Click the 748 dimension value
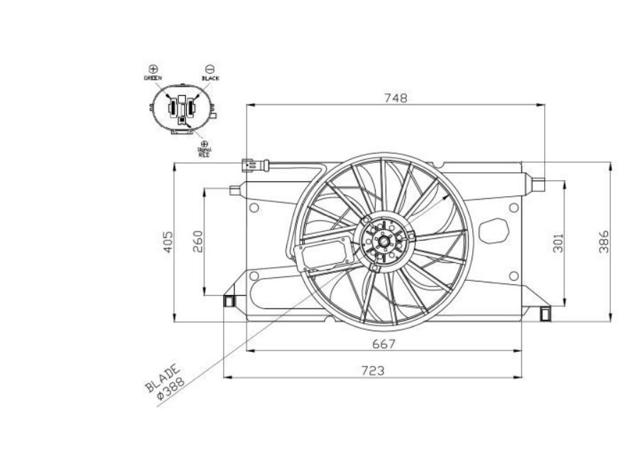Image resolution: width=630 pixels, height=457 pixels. tap(396, 99)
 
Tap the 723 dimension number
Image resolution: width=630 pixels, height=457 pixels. tap(372, 370)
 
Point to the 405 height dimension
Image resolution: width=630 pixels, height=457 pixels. tap(168, 243)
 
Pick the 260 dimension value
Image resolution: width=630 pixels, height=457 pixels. tap(197, 242)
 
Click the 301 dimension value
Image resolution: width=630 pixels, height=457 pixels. tap(558, 242)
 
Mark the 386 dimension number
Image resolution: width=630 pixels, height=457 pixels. tap(604, 242)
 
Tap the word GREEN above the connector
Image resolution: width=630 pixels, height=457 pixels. tap(153, 77)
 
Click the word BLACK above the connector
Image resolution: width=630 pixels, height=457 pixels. tap(210, 78)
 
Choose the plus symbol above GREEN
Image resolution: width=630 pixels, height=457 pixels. tap(153, 68)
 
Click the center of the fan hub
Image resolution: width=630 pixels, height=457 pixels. tap(384, 242)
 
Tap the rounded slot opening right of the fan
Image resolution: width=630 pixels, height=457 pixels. tap(493, 231)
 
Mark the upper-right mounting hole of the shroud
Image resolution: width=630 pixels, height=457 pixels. tap(514, 208)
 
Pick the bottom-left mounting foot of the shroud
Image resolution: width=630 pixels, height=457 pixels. tap(229, 301)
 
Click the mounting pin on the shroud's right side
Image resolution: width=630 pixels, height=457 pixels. tap(538, 185)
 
